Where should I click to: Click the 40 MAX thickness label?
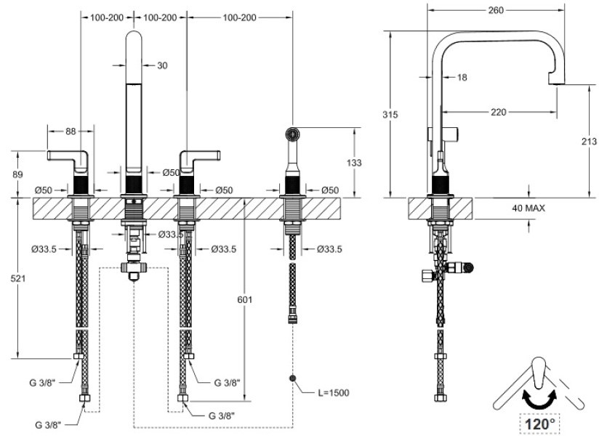(528, 208)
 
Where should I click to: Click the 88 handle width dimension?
(71, 132)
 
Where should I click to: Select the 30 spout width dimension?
(162, 65)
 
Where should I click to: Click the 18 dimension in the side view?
(462, 76)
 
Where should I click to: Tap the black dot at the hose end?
(294, 379)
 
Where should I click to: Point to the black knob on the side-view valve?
(469, 268)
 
